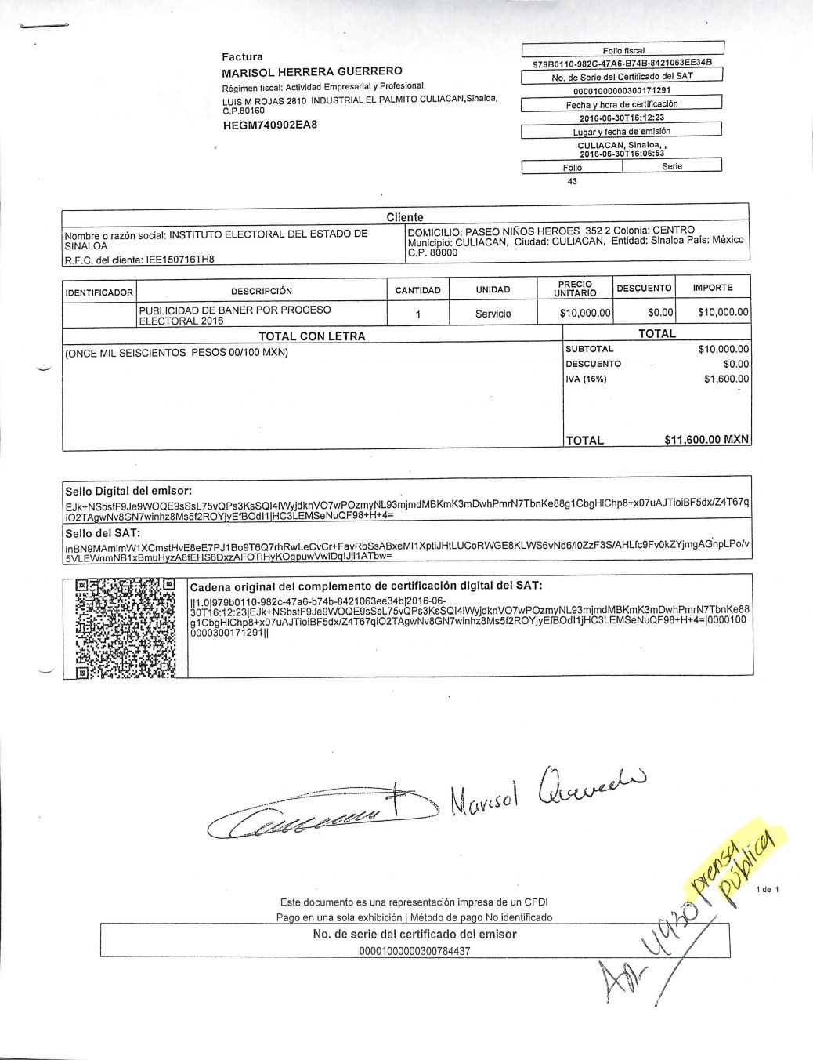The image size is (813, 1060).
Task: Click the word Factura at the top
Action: coord(242,56)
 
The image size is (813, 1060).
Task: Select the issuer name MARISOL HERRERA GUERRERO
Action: coord(312,71)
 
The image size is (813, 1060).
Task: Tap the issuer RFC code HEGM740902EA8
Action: coord(270,125)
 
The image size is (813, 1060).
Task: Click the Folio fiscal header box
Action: coord(623,50)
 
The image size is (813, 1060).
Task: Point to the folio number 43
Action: coord(572,181)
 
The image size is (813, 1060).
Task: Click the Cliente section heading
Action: coord(404,217)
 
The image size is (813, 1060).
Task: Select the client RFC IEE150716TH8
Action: coord(180,260)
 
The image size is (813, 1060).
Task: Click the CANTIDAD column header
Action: coord(417,290)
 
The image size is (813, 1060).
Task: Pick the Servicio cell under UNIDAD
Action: coord(493,314)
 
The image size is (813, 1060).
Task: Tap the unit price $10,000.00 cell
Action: coord(584,314)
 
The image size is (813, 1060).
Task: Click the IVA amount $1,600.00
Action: coord(726,379)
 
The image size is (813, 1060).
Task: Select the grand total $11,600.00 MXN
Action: coord(706,440)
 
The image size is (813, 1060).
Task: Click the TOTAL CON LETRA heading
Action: coord(312,336)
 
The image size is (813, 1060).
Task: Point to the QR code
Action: coord(125,628)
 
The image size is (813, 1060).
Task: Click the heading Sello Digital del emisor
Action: coord(128,491)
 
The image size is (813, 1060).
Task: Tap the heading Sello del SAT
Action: coord(103,533)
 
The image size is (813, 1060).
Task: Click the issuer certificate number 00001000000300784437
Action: coord(414,951)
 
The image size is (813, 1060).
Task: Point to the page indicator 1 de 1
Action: coord(768,889)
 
